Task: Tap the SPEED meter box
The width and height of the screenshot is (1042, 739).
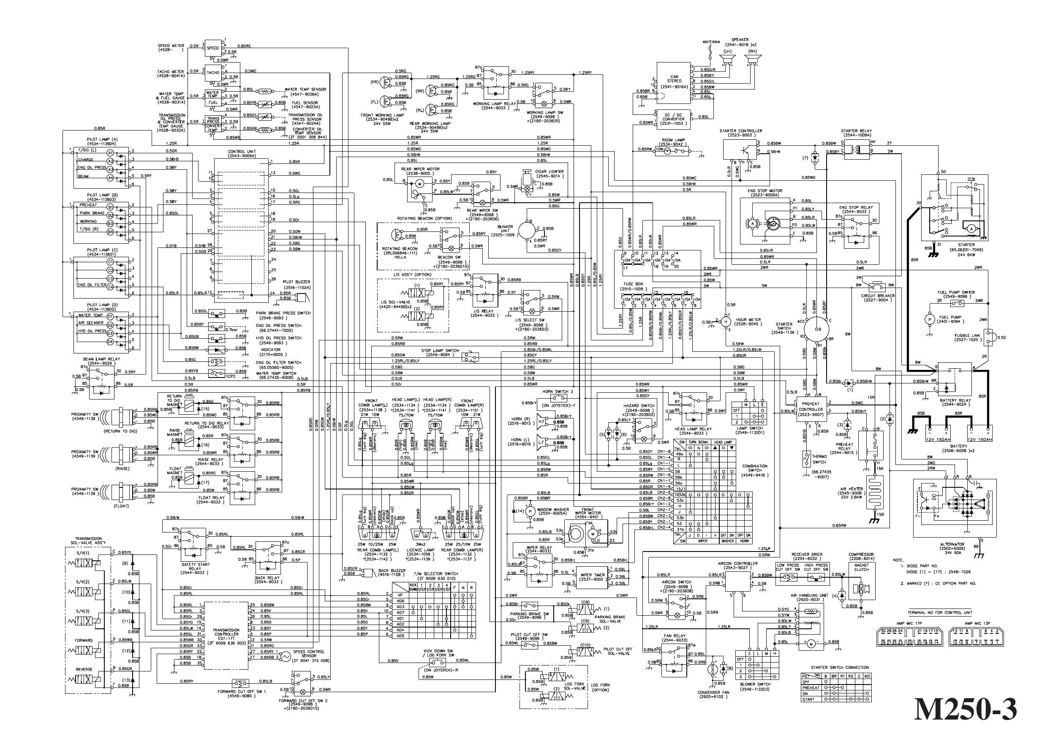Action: click(213, 48)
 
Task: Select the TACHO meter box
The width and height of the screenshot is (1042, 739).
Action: click(213, 73)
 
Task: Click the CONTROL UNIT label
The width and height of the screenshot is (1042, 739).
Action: click(241, 152)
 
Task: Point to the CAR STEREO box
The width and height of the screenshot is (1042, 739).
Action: click(675, 82)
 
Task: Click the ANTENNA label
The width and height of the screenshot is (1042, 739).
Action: click(711, 42)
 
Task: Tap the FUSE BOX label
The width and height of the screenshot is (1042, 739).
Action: click(632, 283)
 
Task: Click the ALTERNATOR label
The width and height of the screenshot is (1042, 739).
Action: click(952, 544)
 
